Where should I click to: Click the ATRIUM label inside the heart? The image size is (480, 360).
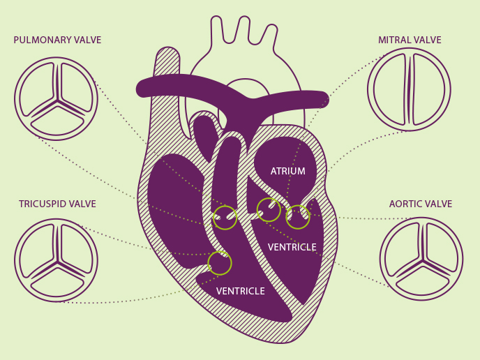coord(287,171)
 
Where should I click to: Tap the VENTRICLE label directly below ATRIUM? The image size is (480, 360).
coord(292,247)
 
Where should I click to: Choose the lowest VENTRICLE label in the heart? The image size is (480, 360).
coord(241,291)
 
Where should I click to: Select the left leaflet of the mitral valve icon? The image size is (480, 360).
coord(390,89)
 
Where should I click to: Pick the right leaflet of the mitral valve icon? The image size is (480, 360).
coord(429,89)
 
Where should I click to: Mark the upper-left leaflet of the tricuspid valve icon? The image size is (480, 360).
coord(38,246)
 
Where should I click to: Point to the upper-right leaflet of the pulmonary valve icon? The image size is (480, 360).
coord(77,85)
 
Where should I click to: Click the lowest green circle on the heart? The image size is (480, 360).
coord(220,263)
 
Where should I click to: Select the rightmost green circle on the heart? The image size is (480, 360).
coord(298,217)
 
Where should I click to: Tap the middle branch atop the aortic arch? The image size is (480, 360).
coord(244,29)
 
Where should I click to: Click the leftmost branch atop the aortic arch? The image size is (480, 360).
coord(217,29)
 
